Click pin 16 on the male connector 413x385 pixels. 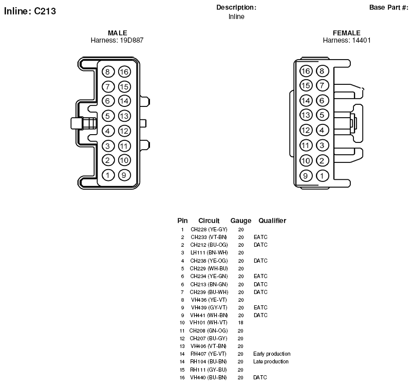124,71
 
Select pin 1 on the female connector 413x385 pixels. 322,176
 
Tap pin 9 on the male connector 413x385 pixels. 124,175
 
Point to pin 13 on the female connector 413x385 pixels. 306,115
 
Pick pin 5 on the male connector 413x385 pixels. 108,116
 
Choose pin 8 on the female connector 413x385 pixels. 322,71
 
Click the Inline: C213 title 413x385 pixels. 30,11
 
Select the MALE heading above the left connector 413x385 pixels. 118,33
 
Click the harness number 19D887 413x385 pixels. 130,40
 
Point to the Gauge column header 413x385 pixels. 241,221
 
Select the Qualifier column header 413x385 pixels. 272,221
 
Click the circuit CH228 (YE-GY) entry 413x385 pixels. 209,230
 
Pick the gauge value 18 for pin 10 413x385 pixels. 241,322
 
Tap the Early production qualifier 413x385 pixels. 272,354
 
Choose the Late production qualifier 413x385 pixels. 271,361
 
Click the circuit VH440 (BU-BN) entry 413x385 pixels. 209,377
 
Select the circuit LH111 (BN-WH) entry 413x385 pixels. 209,253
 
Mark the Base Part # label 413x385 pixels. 389,7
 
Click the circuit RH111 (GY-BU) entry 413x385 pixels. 209,370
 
